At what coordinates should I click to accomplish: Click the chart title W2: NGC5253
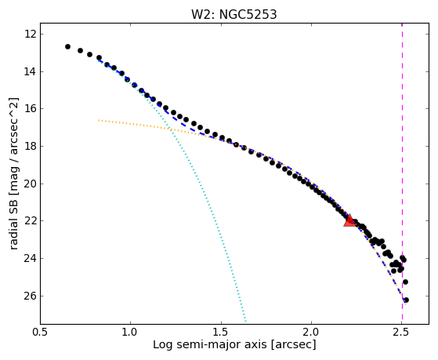(x=233, y=15)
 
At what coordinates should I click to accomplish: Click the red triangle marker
(x=349, y=220)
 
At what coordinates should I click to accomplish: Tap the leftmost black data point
(x=67, y=47)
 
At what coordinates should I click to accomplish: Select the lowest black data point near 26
(x=406, y=300)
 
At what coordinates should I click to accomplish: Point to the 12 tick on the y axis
(x=31, y=35)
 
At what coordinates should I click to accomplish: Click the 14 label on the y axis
(x=31, y=72)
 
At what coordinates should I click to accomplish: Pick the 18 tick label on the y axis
(x=31, y=147)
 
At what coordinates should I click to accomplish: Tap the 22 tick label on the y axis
(x=31, y=221)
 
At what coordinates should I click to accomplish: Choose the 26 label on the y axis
(x=31, y=296)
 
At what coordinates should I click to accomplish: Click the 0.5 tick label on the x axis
(x=40, y=333)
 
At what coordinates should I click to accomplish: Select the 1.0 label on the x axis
(x=130, y=333)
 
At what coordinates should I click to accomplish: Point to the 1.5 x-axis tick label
(x=221, y=333)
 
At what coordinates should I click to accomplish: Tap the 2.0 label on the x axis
(x=312, y=333)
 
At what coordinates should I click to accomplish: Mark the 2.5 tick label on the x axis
(x=402, y=333)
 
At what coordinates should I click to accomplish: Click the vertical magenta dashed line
(x=402, y=173)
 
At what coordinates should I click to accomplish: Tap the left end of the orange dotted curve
(x=99, y=120)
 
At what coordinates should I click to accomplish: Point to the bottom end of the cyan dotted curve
(x=245, y=321)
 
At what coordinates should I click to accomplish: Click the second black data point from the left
(x=80, y=51)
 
